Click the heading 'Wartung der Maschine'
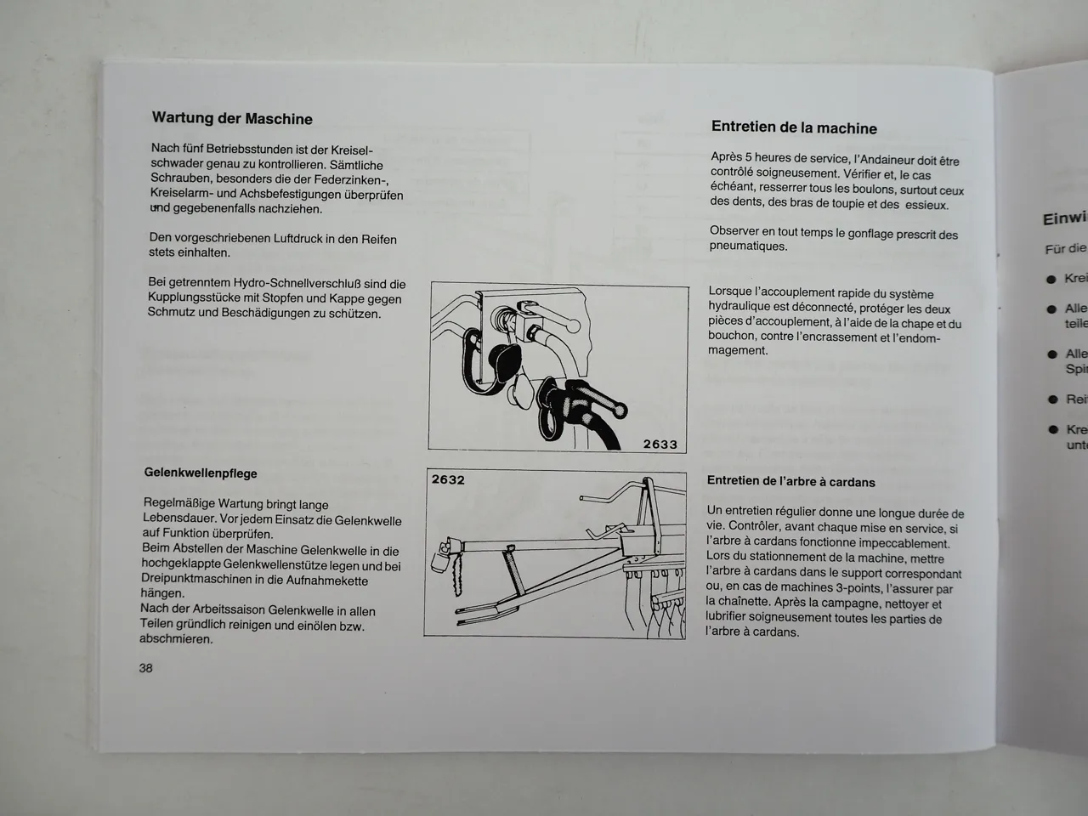tap(231, 119)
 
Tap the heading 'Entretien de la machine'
tap(794, 128)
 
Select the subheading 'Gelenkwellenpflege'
tap(201, 473)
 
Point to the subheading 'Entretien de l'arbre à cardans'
tap(790, 482)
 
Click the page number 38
tap(146, 668)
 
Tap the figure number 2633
tap(660, 444)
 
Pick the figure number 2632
tap(449, 479)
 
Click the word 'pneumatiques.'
tap(749, 246)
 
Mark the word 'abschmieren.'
tap(176, 639)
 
